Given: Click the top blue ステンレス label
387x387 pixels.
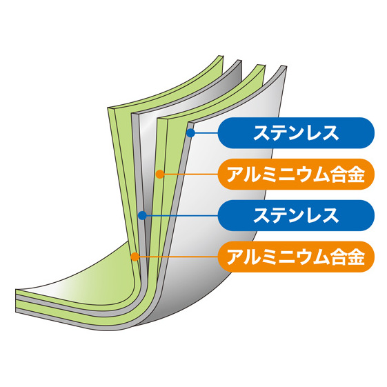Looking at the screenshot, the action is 296,133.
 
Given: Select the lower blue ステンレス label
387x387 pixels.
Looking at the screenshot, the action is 296,215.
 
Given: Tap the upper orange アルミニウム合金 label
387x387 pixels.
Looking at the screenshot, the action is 296,175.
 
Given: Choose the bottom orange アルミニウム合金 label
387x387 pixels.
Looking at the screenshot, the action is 296,257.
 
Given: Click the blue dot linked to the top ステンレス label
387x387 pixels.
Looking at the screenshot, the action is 190,133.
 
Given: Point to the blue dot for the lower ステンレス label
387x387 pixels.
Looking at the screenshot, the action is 142,215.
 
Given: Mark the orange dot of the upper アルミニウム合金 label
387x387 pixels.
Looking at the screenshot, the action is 160,175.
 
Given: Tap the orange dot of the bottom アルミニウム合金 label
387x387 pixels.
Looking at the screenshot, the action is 135,257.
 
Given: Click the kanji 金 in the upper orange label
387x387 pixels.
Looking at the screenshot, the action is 356,175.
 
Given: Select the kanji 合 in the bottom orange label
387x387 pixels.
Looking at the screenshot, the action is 338,257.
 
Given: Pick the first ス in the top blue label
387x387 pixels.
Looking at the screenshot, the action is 261,133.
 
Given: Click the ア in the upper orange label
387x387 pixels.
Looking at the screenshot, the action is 235,175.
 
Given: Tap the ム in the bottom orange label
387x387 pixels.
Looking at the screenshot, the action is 321,257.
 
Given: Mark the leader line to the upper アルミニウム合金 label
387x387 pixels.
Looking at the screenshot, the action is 191,175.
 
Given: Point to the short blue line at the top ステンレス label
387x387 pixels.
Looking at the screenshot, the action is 206,133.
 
